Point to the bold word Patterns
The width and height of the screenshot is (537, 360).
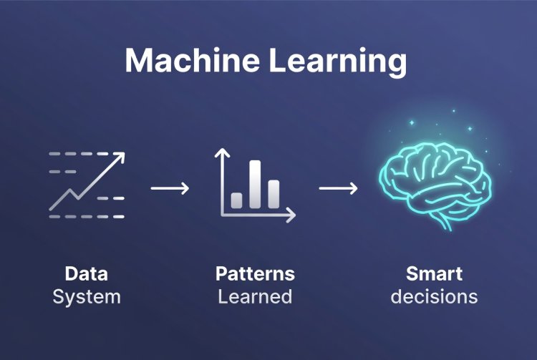[255, 273]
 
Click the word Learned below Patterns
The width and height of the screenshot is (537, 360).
[255, 296]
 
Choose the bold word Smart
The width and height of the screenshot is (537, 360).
[434, 273]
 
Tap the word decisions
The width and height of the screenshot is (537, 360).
[434, 296]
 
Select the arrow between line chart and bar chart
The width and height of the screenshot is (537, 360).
[170, 188]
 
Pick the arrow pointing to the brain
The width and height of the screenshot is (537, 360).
[338, 188]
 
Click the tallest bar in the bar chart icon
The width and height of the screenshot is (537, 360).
[255, 184]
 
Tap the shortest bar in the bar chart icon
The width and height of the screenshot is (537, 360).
[237, 200]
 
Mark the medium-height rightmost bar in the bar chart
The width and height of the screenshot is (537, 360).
[273, 193]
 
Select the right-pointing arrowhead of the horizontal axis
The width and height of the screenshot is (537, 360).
[291, 215]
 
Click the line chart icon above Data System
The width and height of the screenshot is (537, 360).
[86, 185]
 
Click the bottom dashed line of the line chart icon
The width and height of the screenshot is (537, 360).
[86, 216]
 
